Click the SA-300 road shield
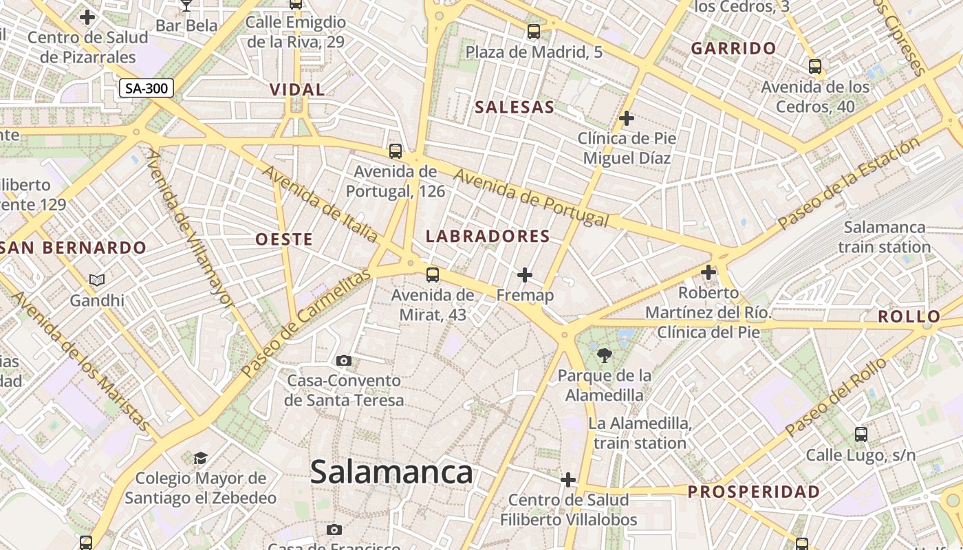tap(147, 89)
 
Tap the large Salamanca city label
tap(391, 472)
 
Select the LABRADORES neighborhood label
tap(488, 236)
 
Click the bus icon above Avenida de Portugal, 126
tap(395, 151)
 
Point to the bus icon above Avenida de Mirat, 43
tap(432, 275)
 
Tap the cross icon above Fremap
tap(525, 275)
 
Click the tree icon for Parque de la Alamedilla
tap(605, 355)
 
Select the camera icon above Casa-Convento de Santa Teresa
tap(344, 360)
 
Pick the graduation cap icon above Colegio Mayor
tap(200, 458)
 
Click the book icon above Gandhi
tap(97, 280)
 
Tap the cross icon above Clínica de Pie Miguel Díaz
tap(626, 118)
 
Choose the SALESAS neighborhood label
tap(515, 107)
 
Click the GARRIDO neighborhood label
tap(733, 49)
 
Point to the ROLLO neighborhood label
tap(909, 317)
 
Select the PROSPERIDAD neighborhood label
tap(754, 492)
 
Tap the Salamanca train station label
tap(885, 236)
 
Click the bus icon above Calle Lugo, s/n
tap(861, 434)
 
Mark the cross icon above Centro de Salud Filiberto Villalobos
tap(568, 479)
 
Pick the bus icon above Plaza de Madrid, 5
tap(533, 31)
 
